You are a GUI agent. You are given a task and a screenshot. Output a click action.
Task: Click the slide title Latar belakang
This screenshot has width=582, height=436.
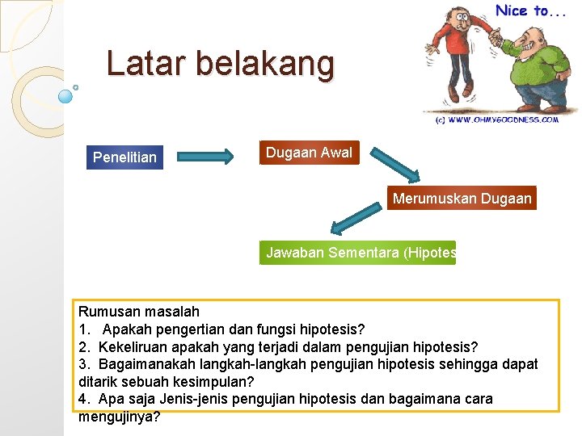(x=220, y=65)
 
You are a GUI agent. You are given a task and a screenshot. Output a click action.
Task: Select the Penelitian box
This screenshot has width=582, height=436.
(x=124, y=157)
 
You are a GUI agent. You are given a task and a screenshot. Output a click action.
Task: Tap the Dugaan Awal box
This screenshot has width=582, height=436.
(x=309, y=153)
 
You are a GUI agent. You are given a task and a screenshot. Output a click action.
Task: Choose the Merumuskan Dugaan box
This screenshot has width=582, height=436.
(x=462, y=198)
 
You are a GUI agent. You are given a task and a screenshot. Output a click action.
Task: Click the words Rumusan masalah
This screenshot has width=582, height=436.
(x=138, y=312)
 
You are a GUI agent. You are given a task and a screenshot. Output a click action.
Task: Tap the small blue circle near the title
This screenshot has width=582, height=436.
(x=66, y=96)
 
